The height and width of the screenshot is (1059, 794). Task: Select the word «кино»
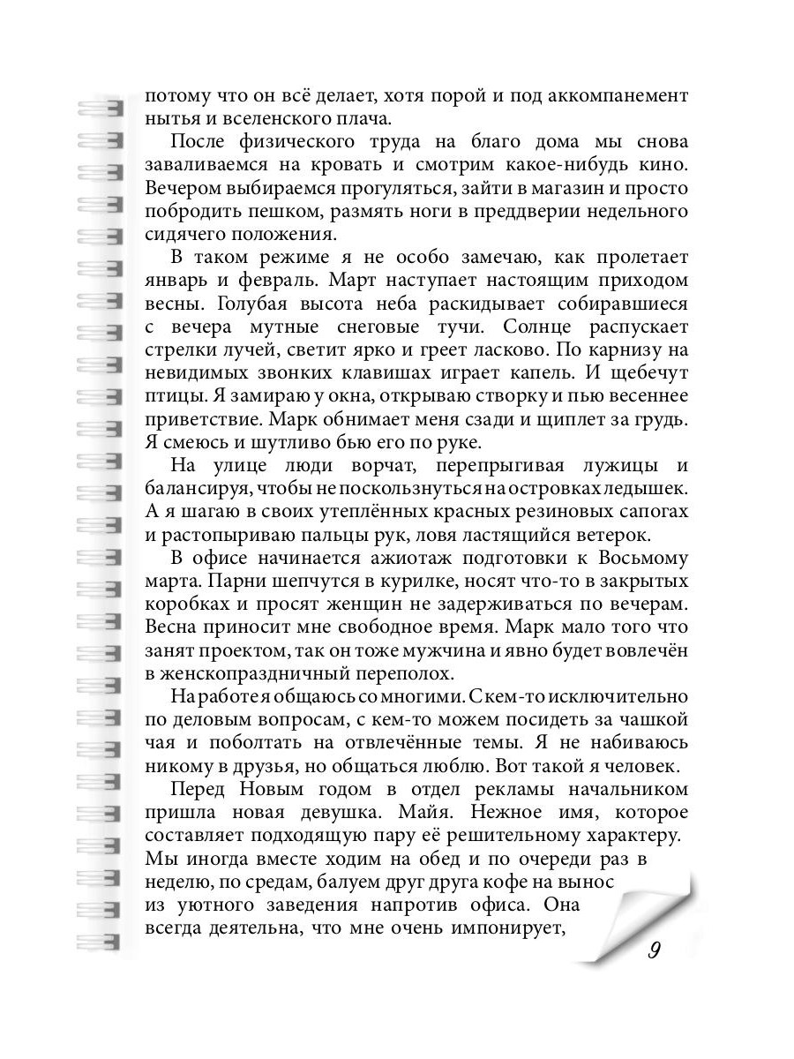[662, 165]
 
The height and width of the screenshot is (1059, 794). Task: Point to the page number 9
[654, 950]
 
